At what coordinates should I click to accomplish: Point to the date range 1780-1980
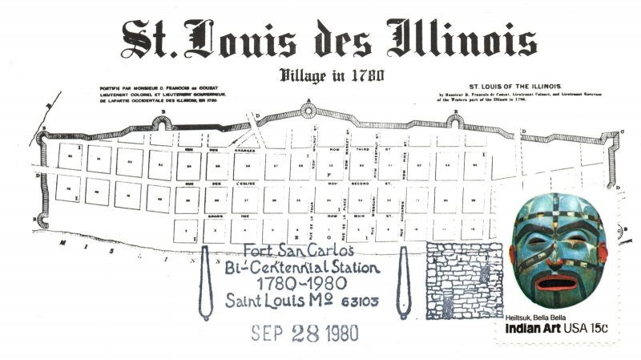(x=305, y=284)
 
